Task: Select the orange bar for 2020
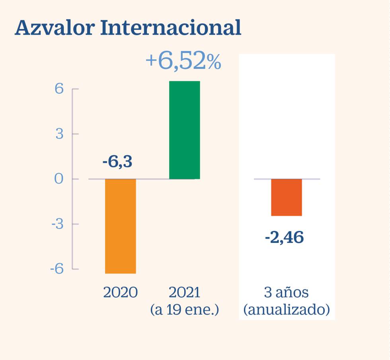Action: pyautogui.click(x=121, y=226)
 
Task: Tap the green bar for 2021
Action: pyautogui.click(x=184, y=130)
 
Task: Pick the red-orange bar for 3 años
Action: pyautogui.click(x=287, y=197)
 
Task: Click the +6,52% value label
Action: pyautogui.click(x=183, y=61)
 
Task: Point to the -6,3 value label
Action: pyautogui.click(x=117, y=162)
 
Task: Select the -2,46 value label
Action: pyautogui.click(x=284, y=238)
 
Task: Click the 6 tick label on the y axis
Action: pyautogui.click(x=59, y=89)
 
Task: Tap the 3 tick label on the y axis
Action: pyautogui.click(x=59, y=134)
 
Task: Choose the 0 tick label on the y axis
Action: pyautogui.click(x=59, y=179)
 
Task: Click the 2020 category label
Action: pyautogui.click(x=120, y=293)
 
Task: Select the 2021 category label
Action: pyautogui.click(x=184, y=293)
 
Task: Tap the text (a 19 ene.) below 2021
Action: pyautogui.click(x=185, y=309)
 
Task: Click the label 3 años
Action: pyautogui.click(x=286, y=293)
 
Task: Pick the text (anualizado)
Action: pyautogui.click(x=286, y=309)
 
